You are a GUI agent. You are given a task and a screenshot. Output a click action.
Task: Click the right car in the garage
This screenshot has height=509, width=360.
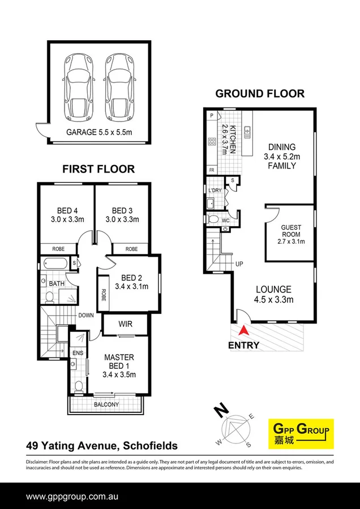(119, 84)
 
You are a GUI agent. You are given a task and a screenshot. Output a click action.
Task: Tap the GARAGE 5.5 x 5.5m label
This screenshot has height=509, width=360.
(100, 132)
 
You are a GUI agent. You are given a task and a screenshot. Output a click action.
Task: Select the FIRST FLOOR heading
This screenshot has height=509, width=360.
(98, 169)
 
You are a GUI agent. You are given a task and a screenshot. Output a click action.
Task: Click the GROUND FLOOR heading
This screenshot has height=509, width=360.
(260, 94)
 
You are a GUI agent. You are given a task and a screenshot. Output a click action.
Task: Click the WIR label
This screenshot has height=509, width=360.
(125, 324)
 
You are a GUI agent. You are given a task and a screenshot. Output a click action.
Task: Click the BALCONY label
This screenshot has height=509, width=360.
(106, 404)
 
